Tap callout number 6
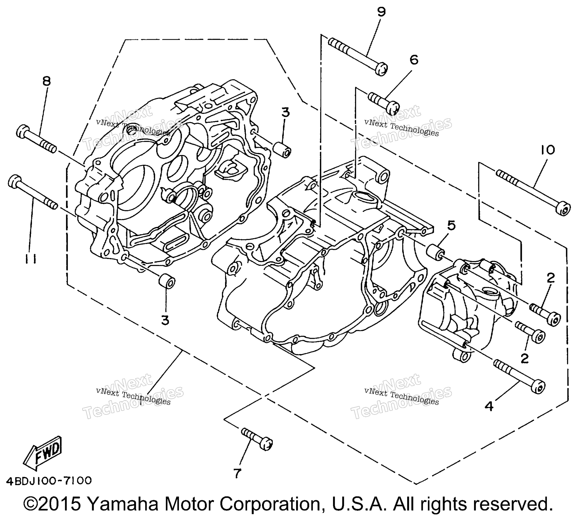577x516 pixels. (x=414, y=60)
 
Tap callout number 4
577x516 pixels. (x=489, y=406)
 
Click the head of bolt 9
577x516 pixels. (x=381, y=69)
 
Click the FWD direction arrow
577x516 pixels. (x=42, y=453)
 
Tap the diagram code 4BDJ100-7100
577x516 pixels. (x=49, y=481)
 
